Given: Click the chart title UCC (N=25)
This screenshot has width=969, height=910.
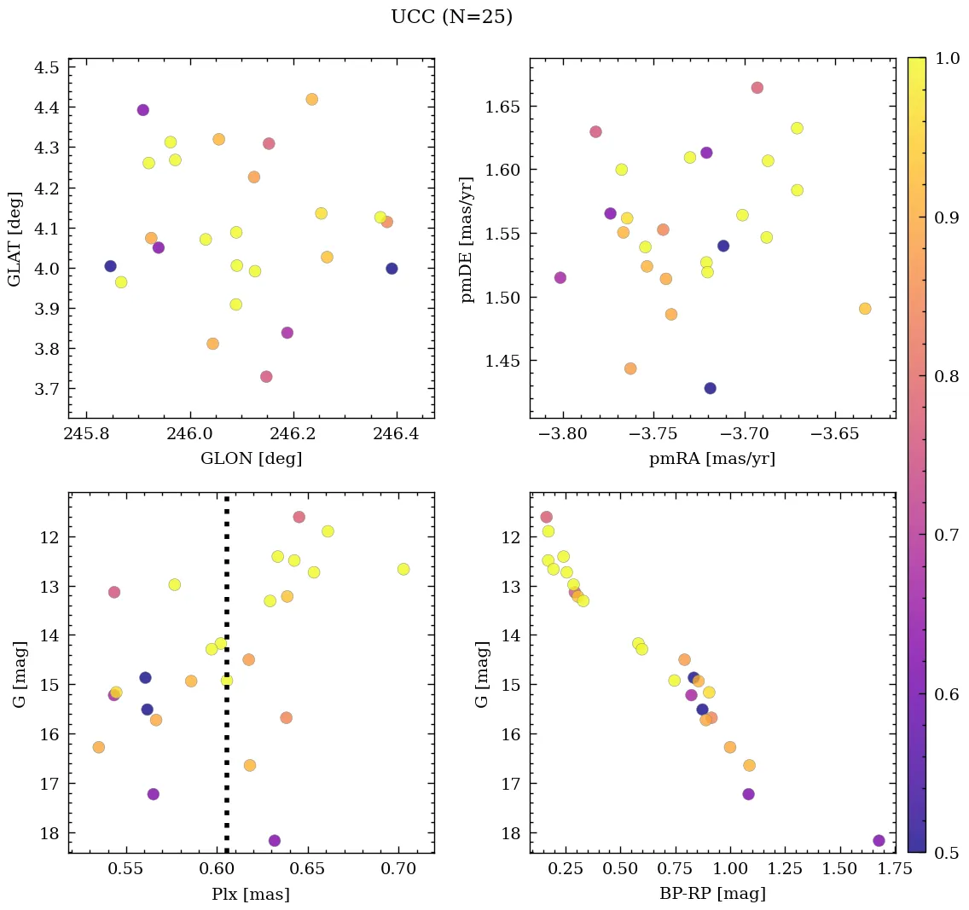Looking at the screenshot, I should (x=451, y=17).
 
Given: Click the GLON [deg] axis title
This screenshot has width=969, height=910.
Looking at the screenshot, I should (x=251, y=459).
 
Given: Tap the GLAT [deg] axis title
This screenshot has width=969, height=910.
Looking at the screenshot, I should (x=15, y=238).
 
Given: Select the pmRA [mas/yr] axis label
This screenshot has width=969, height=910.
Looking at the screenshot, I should (x=712, y=459).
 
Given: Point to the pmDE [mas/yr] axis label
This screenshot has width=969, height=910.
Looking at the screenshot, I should (x=467, y=238).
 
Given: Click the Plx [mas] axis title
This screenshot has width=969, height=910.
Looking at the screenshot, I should (x=251, y=894).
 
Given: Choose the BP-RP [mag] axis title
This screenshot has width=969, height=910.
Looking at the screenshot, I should (x=712, y=894).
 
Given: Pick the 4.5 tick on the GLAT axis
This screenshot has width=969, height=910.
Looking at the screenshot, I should (x=46, y=67).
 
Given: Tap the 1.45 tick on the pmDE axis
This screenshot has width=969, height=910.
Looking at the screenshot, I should (x=503, y=362).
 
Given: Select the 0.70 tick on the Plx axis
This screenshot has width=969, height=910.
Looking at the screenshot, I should (x=398, y=870).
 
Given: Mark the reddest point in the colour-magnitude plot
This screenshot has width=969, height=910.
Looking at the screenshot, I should (x=879, y=840).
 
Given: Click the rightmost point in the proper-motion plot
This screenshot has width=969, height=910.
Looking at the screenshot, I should (x=865, y=309).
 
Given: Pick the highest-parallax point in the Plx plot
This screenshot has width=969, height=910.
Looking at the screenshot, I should (x=403, y=569).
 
